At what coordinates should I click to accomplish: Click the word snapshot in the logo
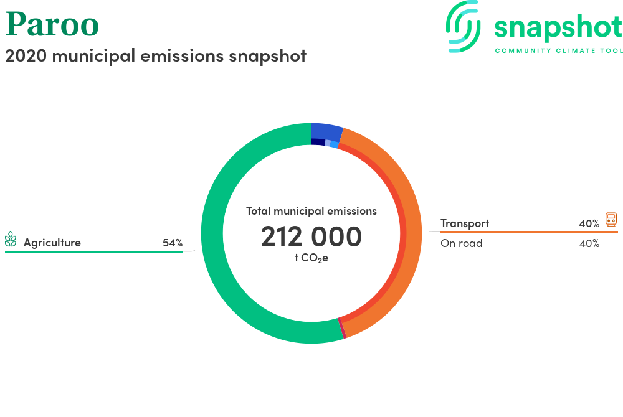[558, 27]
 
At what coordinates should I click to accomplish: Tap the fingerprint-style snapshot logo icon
[464, 27]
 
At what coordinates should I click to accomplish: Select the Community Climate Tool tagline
[559, 51]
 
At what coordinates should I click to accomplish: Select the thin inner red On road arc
[402, 234]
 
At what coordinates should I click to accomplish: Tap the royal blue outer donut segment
[326, 131]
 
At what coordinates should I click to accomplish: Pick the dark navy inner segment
[318, 142]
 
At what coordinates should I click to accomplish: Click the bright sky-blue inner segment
[334, 144]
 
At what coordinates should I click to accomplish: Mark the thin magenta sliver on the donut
[341, 328]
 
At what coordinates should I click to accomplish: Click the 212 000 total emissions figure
[311, 237]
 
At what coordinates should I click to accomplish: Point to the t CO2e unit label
[311, 258]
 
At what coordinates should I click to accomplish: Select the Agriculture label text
[52, 243]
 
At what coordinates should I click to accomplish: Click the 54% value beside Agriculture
[173, 243]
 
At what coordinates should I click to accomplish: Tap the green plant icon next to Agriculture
[11, 239]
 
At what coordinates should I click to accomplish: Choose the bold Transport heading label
[465, 223]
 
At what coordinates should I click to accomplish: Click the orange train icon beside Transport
[611, 220]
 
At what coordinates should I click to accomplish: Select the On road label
[462, 243]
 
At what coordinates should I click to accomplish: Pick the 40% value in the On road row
[589, 243]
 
